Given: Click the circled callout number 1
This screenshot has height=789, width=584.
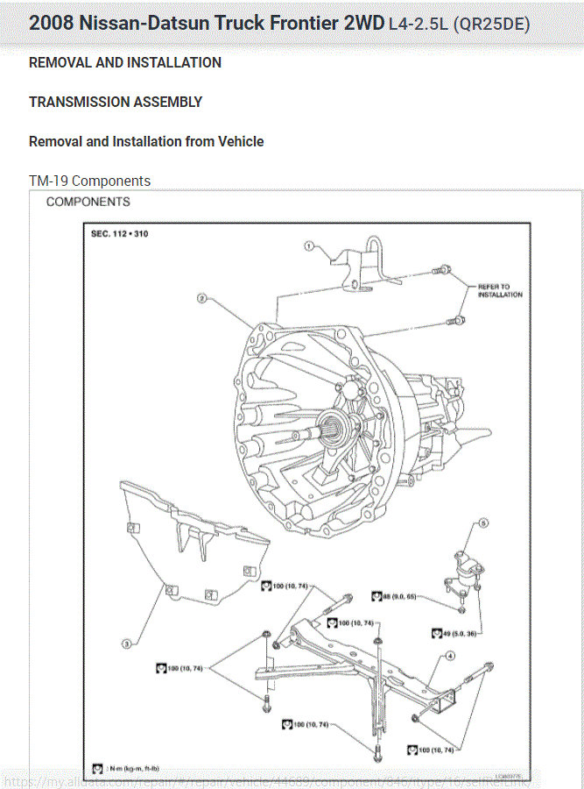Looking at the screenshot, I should [309, 246].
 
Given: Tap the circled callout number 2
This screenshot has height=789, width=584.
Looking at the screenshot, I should [201, 298].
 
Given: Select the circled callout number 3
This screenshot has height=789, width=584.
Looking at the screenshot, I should [126, 643].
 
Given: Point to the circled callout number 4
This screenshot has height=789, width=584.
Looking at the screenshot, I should [450, 656].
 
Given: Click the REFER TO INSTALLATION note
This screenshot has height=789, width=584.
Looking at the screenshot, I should [500, 291].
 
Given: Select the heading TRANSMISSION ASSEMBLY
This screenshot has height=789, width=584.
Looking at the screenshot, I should [116, 102].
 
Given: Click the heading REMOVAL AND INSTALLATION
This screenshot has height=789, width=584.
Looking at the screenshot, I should [125, 62].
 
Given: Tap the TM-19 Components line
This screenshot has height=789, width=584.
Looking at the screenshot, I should [89, 181].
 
